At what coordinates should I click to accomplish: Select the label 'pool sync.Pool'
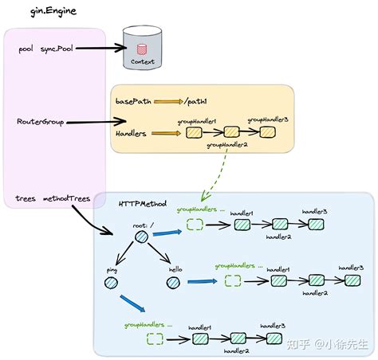(x=46, y=48)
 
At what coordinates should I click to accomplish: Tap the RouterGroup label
(x=41, y=122)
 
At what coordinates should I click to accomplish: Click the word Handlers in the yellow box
(x=131, y=134)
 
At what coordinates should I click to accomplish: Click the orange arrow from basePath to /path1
(x=167, y=102)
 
